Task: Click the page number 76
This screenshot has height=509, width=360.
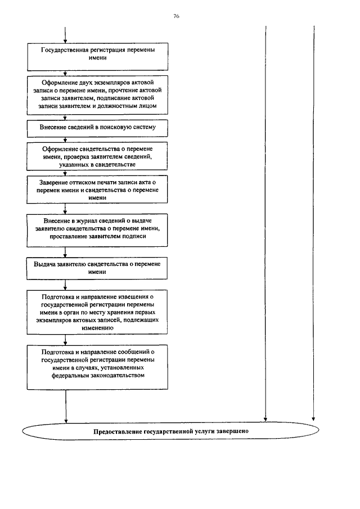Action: [176, 16]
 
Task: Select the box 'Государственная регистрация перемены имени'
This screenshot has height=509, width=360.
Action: [98, 54]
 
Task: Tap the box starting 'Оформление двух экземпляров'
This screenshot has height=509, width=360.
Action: [98, 94]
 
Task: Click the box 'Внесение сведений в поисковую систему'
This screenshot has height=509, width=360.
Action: [98, 128]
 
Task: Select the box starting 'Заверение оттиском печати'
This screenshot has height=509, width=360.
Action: [98, 191]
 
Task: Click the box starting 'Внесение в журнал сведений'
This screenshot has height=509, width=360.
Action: [98, 229]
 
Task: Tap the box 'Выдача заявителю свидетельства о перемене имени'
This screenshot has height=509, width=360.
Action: [98, 268]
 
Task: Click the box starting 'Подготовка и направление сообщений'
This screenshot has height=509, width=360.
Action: [98, 366]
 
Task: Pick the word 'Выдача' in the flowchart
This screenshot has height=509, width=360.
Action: [45, 264]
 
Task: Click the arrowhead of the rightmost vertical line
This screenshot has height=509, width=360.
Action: [313, 418]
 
